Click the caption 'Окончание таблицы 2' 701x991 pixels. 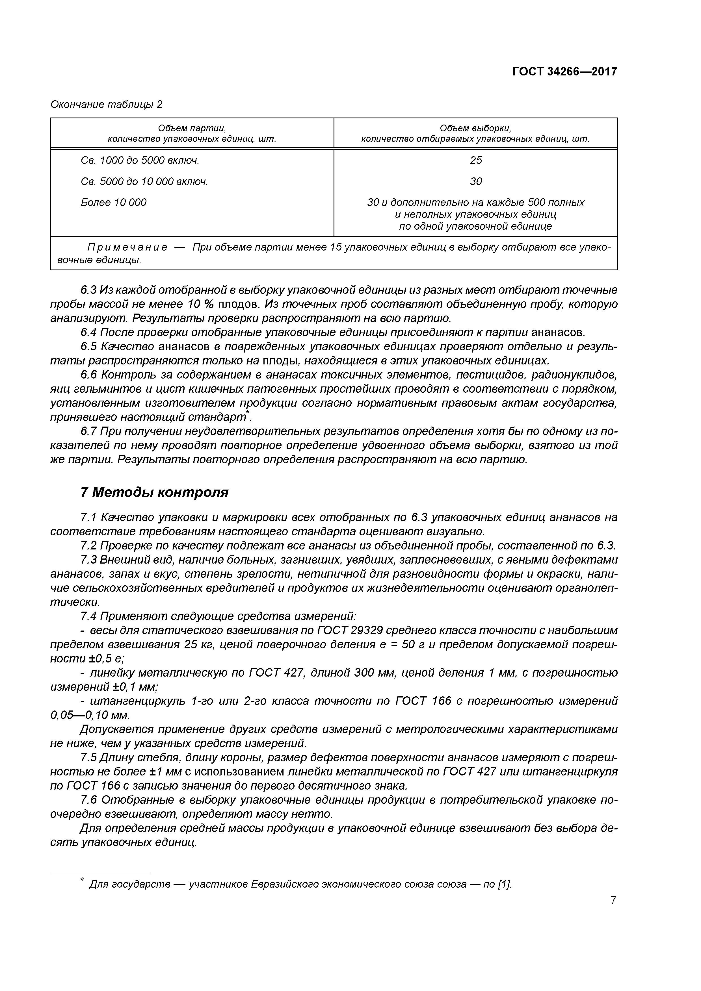pyautogui.click(x=106, y=105)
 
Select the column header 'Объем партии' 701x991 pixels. pyautogui.click(x=192, y=128)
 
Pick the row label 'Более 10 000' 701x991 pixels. pyautogui.click(x=114, y=203)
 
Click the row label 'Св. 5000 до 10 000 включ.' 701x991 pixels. pyautogui.click(x=144, y=182)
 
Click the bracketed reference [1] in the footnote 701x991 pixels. pyautogui.click(x=504, y=884)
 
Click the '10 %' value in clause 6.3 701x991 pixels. pyautogui.click(x=201, y=304)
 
